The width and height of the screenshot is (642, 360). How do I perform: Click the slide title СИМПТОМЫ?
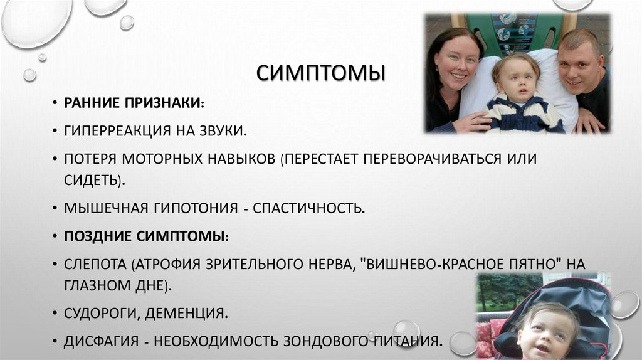320,73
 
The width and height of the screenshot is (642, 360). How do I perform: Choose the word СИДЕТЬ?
92,180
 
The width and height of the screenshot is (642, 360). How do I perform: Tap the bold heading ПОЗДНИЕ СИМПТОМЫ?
145,236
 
